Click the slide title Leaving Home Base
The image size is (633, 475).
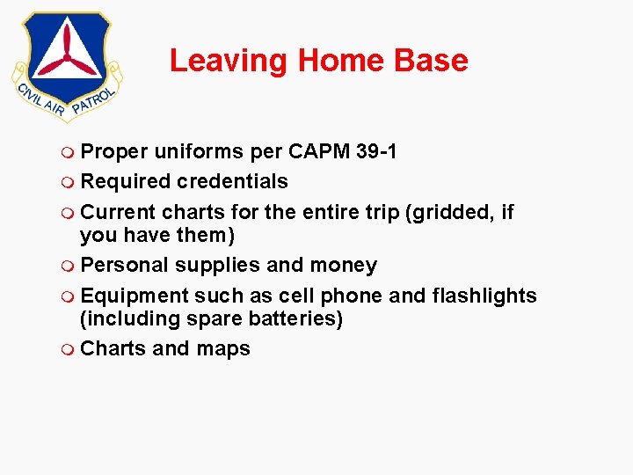(x=318, y=61)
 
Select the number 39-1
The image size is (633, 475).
(x=377, y=151)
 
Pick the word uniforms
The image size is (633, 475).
(x=200, y=151)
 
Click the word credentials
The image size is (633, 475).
(x=232, y=181)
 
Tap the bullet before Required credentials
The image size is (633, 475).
(x=69, y=182)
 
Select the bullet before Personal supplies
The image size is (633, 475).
(x=69, y=266)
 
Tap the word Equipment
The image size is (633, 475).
(x=134, y=296)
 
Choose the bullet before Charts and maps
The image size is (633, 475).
(x=69, y=349)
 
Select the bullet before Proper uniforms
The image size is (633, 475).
(x=69, y=152)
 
